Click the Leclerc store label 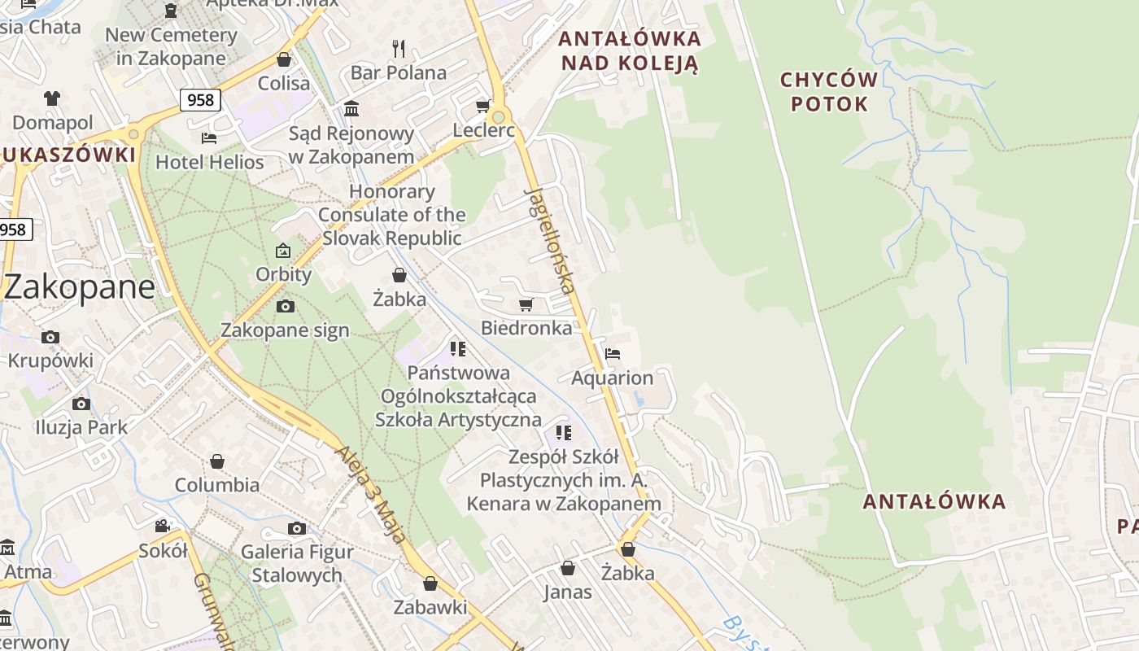pos(483,130)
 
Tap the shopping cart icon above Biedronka pos(526,305)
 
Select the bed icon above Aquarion pos(613,354)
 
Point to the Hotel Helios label pos(210,162)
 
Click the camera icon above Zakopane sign pos(285,307)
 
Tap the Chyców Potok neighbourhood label pos(829,92)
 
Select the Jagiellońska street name pos(552,240)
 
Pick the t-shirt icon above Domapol pos(52,98)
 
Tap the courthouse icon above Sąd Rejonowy pos(351,108)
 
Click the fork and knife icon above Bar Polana pos(399,49)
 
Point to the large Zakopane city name pos(79,287)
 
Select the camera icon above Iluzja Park pos(81,404)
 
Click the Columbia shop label pos(217,485)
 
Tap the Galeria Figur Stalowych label pos(297,563)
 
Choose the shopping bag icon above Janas pos(568,568)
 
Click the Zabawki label pos(430,607)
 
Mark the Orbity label pos(284,274)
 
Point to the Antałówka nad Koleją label pos(631,50)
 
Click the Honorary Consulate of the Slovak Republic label pos(392,215)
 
